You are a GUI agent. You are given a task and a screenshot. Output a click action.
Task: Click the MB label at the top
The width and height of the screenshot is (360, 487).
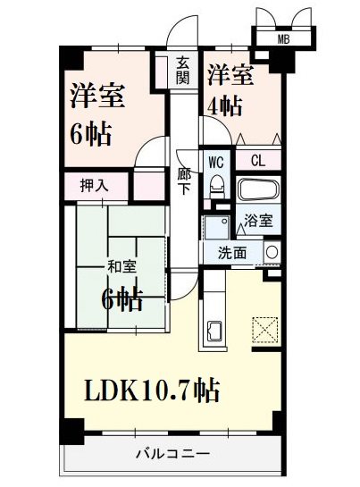click(282, 38)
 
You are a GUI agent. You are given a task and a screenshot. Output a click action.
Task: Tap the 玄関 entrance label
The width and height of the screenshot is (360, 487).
click(182, 69)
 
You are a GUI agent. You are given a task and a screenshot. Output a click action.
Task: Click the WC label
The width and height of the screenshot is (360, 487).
click(215, 162)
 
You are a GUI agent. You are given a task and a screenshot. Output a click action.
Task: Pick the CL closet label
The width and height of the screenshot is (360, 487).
click(257, 162)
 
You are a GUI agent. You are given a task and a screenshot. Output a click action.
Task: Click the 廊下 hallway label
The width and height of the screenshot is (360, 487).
click(184, 181)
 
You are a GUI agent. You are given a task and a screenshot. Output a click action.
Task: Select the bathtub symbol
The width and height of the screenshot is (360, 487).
click(258, 190)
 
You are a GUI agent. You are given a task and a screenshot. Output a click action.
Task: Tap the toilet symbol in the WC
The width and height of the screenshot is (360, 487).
click(215, 187)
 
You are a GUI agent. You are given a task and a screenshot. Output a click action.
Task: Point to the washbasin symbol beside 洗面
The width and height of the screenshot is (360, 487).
click(272, 252)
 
